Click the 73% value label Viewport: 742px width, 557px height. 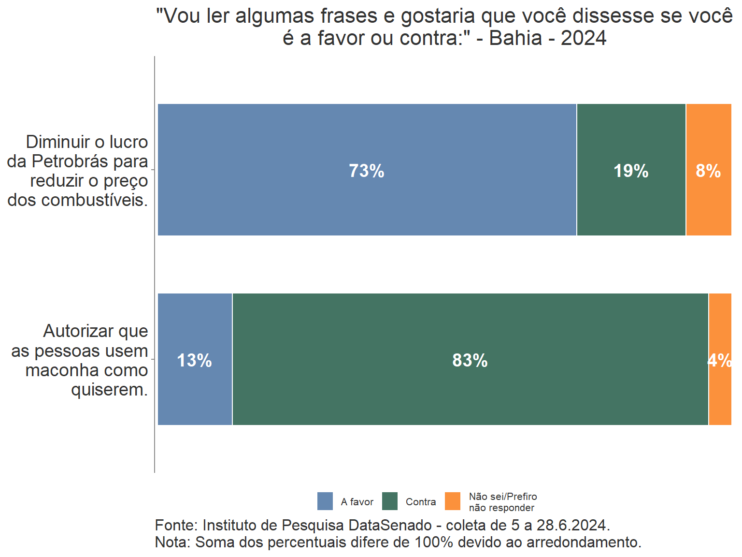(x=366, y=171)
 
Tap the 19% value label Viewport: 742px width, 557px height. (x=630, y=171)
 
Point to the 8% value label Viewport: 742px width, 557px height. (x=708, y=171)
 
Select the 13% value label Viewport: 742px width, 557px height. (x=194, y=360)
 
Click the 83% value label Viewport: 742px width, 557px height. (x=470, y=360)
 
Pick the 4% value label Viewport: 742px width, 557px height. (x=719, y=360)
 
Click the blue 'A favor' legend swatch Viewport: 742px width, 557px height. (x=325, y=501)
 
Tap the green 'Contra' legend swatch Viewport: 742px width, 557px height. (x=390, y=501)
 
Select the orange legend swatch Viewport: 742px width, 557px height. (x=453, y=501)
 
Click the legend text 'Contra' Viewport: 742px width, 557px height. (x=420, y=502)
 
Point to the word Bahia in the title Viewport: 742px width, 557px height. (x=515, y=38)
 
